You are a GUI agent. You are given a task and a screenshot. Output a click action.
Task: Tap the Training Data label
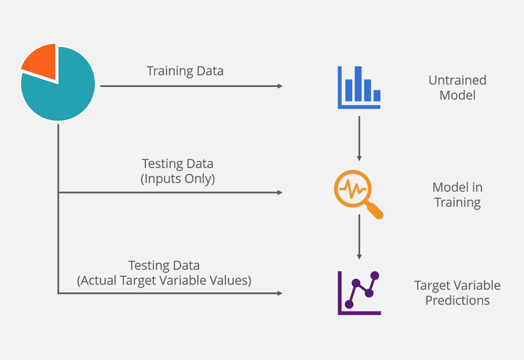[x=185, y=71]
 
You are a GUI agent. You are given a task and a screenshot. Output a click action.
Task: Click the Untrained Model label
[x=457, y=88]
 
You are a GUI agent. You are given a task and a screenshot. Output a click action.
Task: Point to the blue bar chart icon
[x=359, y=87]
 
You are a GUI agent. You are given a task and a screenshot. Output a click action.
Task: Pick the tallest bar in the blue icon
[x=358, y=83]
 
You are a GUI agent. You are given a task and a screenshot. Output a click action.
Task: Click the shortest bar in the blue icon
[x=377, y=95]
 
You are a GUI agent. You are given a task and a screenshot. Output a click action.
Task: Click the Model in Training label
[x=457, y=195]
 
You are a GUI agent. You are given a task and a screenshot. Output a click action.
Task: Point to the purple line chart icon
[x=359, y=293]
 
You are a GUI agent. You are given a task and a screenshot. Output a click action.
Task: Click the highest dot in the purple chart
[x=375, y=275]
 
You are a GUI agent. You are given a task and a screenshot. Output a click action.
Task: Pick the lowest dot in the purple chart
[x=349, y=304]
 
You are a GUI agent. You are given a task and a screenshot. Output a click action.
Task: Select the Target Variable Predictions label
[x=457, y=293]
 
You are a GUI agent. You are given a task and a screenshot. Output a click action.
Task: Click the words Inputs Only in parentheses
[x=177, y=179]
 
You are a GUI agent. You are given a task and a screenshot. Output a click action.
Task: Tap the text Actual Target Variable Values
[x=164, y=280]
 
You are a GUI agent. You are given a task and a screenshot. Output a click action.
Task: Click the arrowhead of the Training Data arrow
[x=280, y=86]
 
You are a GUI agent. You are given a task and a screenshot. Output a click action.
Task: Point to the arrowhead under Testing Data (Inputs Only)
[x=280, y=192]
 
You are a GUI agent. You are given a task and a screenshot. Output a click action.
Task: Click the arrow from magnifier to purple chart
[x=359, y=237]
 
